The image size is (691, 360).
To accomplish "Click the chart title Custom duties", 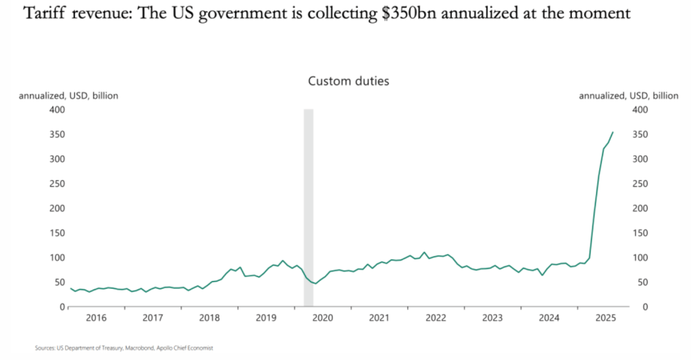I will pyautogui.click(x=349, y=81).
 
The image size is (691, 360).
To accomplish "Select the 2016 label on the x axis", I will pyautogui.click(x=96, y=317).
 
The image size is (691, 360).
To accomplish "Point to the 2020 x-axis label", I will pyautogui.click(x=323, y=317).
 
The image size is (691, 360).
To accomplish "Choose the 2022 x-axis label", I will pyautogui.click(x=436, y=317).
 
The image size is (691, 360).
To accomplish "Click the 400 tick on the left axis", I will pyautogui.click(x=57, y=109).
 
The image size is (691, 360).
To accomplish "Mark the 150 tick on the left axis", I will pyautogui.click(x=57, y=233).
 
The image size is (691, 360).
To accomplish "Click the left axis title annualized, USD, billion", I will pyautogui.click(x=68, y=96).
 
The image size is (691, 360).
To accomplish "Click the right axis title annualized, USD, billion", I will pyautogui.click(x=628, y=96).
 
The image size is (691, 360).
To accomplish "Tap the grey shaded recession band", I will pyautogui.click(x=309, y=203).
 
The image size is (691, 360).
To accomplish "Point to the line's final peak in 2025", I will pyautogui.click(x=613, y=132).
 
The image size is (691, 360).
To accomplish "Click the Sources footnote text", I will pyautogui.click(x=124, y=349).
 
